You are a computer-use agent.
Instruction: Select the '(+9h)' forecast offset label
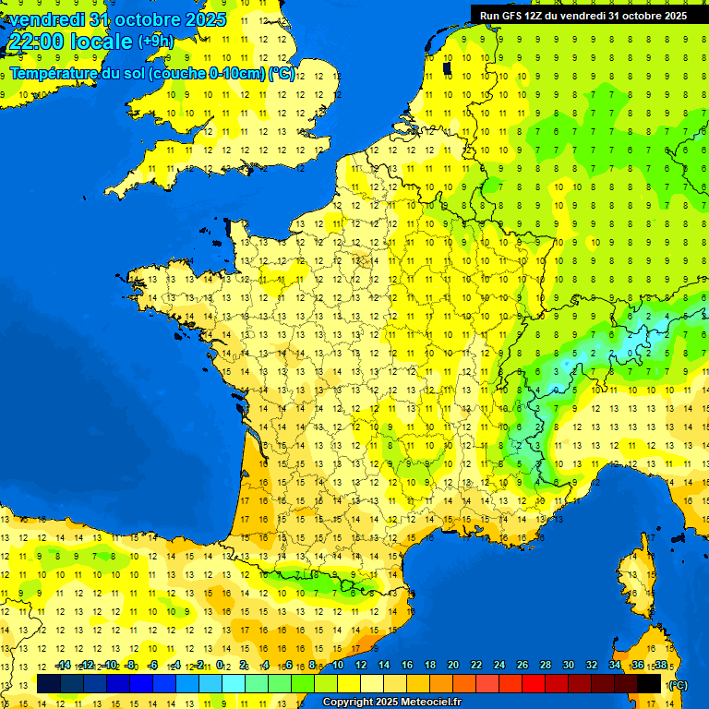click(x=155, y=42)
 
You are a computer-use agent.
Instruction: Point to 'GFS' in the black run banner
click(x=514, y=16)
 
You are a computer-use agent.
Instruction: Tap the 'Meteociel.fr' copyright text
click(x=430, y=703)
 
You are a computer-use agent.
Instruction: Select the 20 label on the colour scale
click(x=453, y=665)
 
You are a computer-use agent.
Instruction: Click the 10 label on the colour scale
click(x=338, y=665)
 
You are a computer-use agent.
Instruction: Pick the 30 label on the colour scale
click(x=569, y=665)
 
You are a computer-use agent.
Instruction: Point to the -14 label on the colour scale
click(x=63, y=665)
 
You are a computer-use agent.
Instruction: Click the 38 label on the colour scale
click(x=661, y=665)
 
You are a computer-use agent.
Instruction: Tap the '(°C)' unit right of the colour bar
click(x=678, y=685)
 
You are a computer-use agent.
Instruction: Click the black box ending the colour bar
click(x=650, y=684)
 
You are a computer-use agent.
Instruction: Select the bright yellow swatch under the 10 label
click(x=349, y=684)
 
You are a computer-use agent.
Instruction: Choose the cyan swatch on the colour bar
click(x=234, y=684)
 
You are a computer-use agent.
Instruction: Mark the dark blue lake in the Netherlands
click(x=447, y=67)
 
